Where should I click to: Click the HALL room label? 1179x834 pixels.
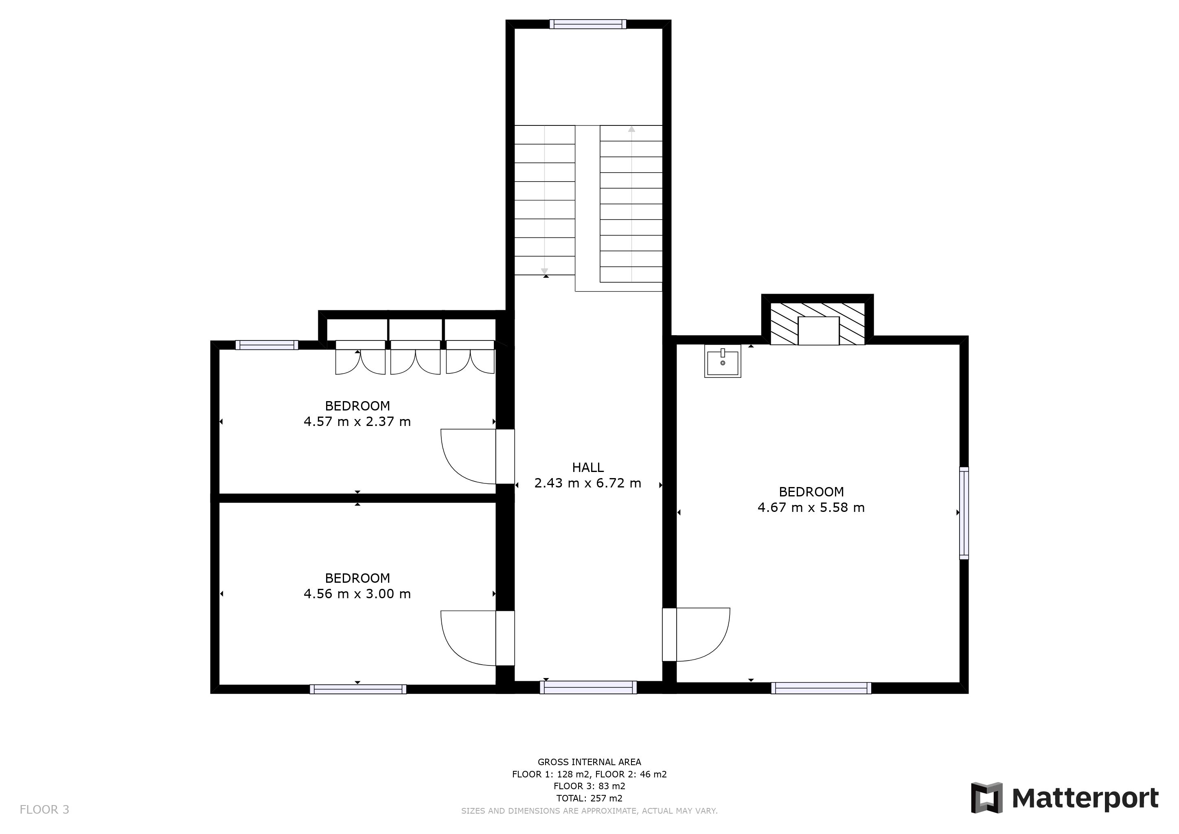[587, 467]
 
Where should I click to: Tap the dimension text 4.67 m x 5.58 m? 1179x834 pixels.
[811, 507]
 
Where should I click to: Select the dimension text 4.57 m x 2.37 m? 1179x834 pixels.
[357, 421]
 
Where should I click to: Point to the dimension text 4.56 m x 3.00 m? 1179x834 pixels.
[357, 594]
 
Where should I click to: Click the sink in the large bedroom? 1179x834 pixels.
[723, 361]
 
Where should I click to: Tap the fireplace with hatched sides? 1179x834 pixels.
[818, 324]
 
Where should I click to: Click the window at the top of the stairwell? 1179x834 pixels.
[588, 24]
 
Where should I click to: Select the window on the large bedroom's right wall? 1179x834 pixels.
[964, 513]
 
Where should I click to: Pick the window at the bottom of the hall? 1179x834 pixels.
[588, 687]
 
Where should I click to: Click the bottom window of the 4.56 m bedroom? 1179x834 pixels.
[358, 689]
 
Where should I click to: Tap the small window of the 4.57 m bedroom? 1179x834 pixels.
[267, 345]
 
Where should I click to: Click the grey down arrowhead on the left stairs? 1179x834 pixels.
[544, 271]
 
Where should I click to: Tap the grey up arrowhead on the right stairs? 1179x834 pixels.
[631, 129]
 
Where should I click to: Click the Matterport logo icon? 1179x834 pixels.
[986, 797]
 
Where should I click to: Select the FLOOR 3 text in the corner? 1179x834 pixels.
[44, 810]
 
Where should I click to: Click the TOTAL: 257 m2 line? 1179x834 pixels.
[589, 799]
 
